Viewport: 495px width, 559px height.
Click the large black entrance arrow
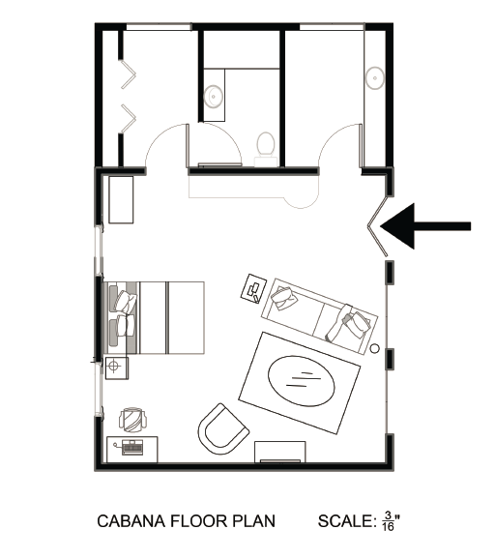point(424,226)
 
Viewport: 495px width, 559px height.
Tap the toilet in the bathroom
point(266,149)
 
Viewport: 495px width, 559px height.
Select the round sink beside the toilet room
point(214,97)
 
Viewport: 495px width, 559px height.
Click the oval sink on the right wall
point(374,77)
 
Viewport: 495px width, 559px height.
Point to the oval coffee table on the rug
point(301,381)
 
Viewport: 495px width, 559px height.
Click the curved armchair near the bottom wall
point(222,429)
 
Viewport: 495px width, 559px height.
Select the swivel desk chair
point(132,420)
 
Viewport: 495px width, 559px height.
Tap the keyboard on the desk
point(132,448)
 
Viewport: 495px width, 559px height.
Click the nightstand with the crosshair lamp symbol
point(117,368)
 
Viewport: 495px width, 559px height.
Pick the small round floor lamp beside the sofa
point(374,349)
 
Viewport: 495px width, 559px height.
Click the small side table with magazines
point(253,288)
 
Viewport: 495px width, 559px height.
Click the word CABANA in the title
point(131,521)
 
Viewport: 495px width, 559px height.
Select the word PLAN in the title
point(254,521)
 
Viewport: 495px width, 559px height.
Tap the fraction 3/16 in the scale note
point(388,521)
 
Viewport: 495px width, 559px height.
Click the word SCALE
point(347,521)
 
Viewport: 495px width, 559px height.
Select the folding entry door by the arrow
point(378,225)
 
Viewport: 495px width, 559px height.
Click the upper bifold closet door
point(129,74)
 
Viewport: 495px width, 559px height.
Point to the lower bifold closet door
point(129,118)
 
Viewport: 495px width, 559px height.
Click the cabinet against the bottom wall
point(279,452)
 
